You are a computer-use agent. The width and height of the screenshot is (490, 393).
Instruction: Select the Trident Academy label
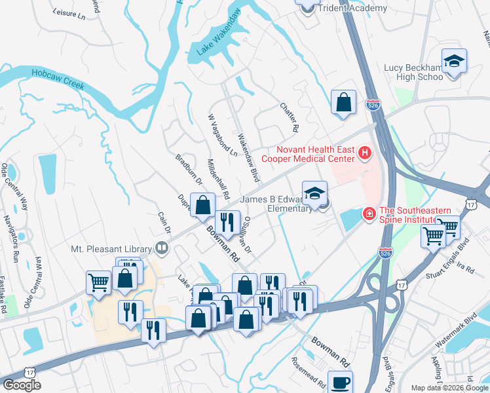(x=352, y=9)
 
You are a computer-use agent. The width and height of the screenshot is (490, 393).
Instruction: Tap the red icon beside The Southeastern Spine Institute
(x=369, y=214)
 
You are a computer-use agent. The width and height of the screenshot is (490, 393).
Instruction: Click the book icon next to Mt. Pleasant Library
(x=160, y=248)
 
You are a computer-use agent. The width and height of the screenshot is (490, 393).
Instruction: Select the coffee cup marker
(x=339, y=383)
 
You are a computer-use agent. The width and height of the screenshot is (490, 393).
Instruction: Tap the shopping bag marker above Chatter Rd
(x=343, y=103)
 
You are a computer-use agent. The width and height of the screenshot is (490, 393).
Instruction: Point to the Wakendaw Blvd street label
(x=249, y=159)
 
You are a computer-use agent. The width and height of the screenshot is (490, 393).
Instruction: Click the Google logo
(x=22, y=385)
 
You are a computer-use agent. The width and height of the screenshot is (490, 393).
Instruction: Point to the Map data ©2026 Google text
(x=448, y=388)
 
